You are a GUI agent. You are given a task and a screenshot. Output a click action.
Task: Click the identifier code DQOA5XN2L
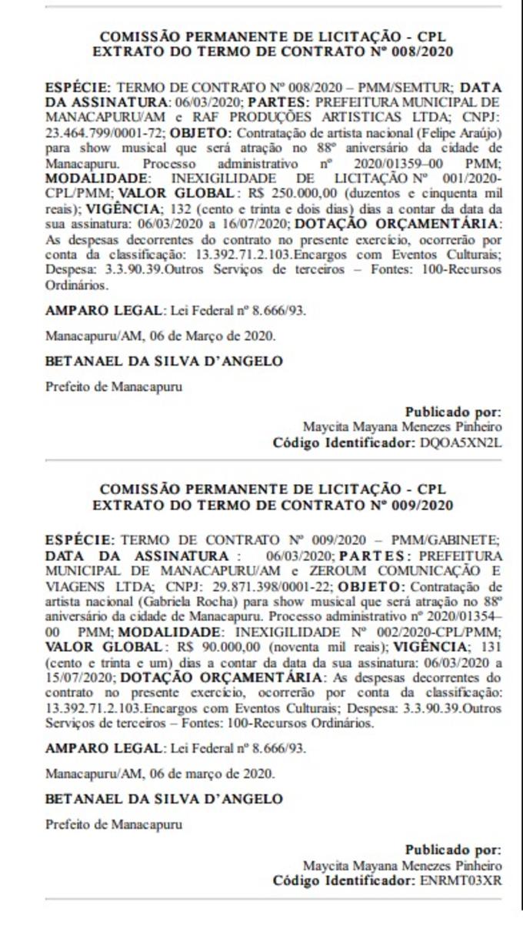(x=460, y=443)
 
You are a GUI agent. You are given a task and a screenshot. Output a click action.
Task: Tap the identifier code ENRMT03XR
(x=460, y=880)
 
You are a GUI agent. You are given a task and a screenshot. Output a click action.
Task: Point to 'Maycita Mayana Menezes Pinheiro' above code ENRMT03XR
(x=402, y=865)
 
